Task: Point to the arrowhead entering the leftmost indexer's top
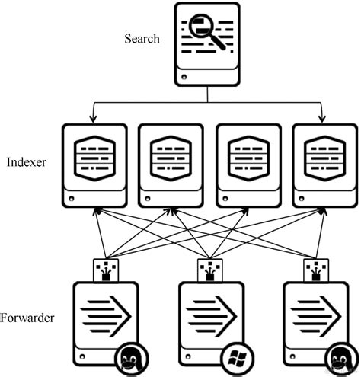coord(91,119)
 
